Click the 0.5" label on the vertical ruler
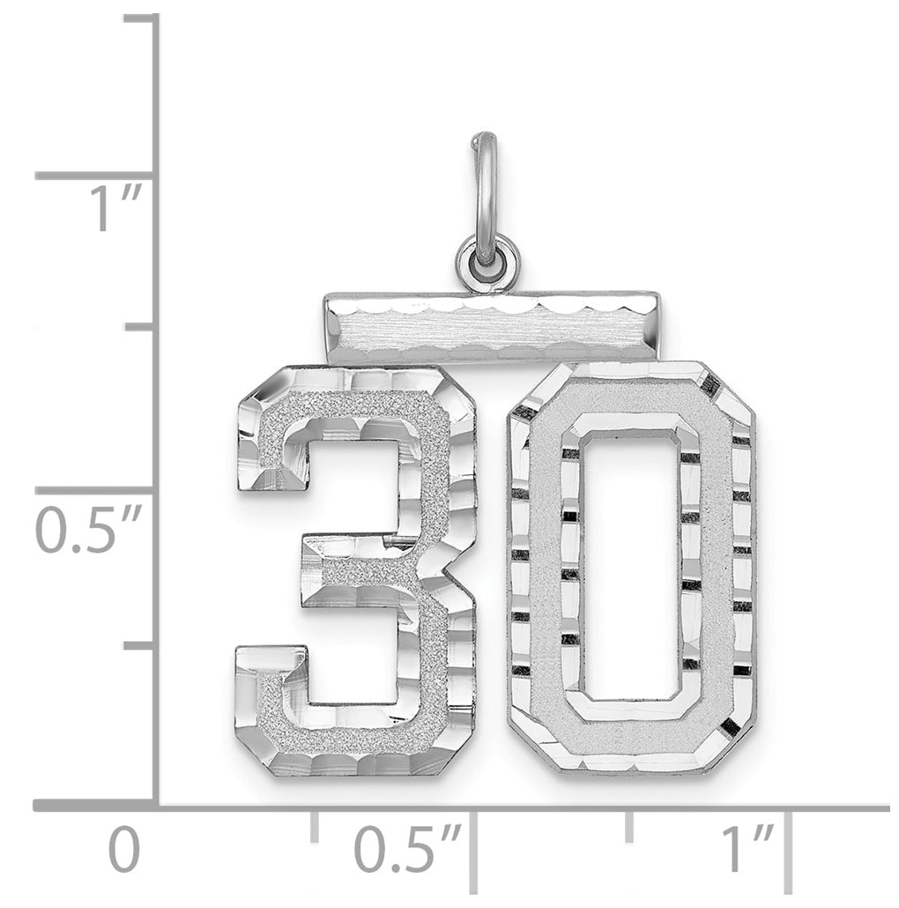[x=88, y=528]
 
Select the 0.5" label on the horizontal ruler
[x=408, y=849]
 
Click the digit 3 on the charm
[x=355, y=570]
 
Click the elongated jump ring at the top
[x=485, y=185]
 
